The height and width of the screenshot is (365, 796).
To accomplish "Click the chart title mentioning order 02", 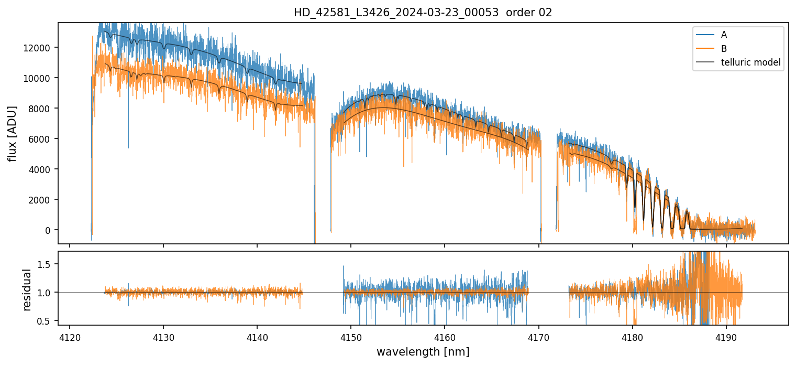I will pos(423,13).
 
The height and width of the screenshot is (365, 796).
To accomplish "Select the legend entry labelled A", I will pos(724,35).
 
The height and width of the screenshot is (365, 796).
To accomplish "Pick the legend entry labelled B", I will pos(724,49).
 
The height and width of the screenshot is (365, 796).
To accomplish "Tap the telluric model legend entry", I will pos(750,63).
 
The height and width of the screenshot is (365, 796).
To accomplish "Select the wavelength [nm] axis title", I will pos(423,352).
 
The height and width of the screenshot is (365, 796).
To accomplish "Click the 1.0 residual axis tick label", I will pos(43,292).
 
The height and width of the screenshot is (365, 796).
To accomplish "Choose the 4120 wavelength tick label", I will pos(70,336).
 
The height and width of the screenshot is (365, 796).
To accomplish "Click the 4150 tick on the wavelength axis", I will pos(351,336).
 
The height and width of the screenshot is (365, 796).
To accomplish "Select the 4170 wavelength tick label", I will pos(539,336).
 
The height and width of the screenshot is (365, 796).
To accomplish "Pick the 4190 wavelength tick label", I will pos(726,336).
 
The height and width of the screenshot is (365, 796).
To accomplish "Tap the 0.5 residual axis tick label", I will pos(43,320).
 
